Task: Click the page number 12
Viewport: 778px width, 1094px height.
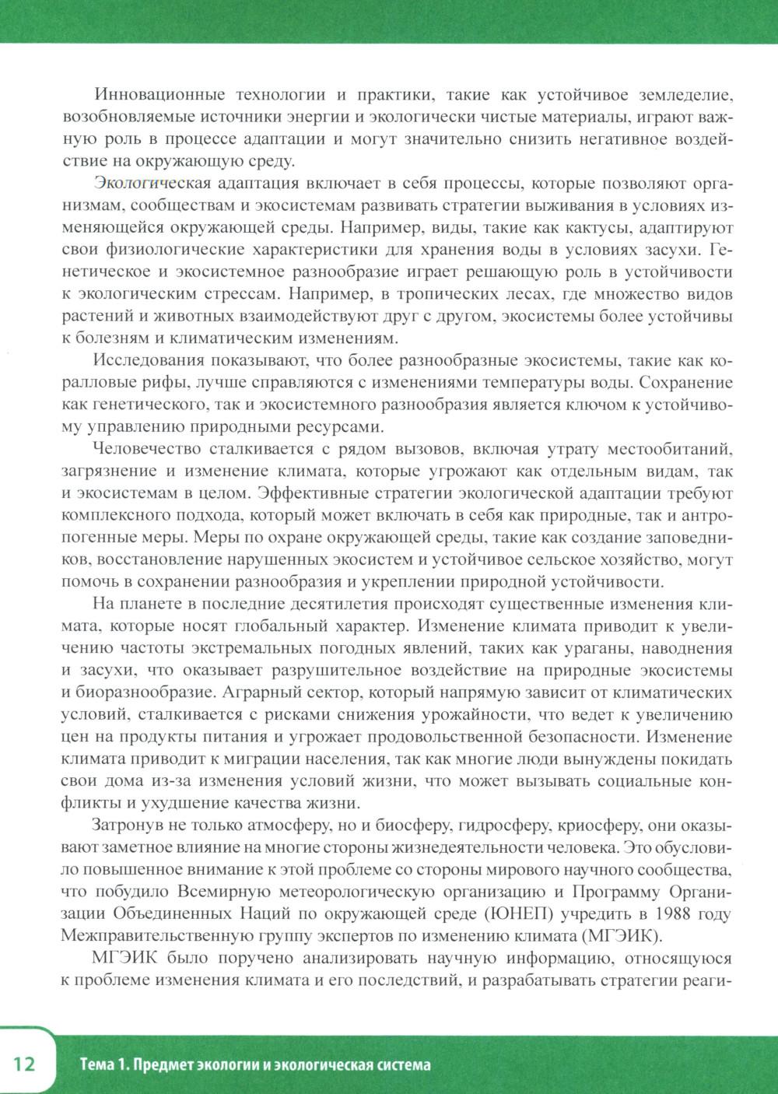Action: click(24, 1064)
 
